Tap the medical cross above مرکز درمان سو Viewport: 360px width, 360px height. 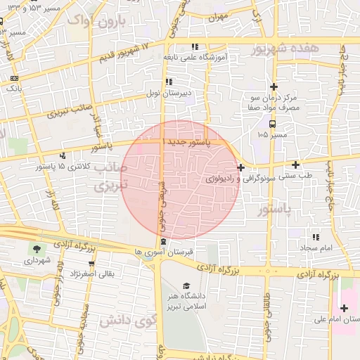274,86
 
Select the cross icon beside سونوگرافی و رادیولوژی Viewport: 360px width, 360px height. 242,167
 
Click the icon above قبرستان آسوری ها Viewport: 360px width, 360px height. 164,242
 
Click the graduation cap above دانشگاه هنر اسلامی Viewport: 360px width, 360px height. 186,285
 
